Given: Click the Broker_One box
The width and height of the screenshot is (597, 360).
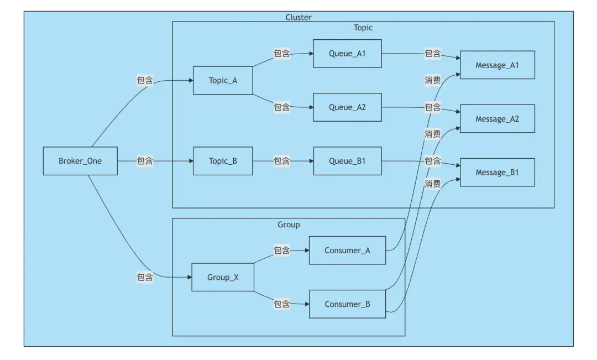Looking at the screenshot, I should tap(80, 161).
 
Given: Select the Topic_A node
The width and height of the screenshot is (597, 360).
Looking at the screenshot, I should tap(223, 80).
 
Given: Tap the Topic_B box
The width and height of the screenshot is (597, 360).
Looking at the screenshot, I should tap(223, 161).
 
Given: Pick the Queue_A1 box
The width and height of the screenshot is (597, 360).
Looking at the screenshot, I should tap(347, 54).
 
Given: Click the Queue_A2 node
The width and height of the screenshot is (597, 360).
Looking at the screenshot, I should tap(347, 107).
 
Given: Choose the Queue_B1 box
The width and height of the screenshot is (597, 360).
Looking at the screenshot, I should tap(347, 161).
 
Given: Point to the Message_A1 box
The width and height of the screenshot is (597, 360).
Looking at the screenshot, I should tap(497, 65).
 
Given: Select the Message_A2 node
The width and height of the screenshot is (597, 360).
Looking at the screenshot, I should tap(497, 119).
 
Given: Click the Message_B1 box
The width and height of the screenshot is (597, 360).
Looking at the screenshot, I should tap(497, 173).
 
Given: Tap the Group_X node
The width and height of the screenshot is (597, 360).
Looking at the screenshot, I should tap(223, 277).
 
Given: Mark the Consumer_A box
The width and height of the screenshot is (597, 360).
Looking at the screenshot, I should tap(347, 251).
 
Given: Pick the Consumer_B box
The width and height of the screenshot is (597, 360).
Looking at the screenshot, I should tap(347, 304).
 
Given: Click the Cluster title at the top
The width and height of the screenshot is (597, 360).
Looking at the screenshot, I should tap(298, 17).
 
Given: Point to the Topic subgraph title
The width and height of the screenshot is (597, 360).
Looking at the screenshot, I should tap(363, 28).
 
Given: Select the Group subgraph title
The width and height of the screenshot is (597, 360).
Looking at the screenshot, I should tap(289, 225).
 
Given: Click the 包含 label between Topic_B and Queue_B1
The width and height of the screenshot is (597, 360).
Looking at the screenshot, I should tap(282, 161).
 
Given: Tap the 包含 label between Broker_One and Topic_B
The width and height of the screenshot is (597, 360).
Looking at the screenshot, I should tap(145, 161).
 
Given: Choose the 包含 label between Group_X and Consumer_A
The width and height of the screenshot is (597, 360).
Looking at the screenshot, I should tap(282, 251).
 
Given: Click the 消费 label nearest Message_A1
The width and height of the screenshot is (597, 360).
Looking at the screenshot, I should tap(432, 80).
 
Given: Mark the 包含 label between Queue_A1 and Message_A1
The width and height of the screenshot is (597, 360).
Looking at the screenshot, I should tap(432, 54).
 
